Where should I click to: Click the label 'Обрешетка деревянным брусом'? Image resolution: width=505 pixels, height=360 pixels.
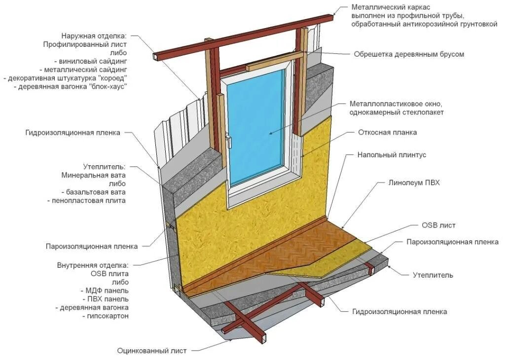click(409, 54)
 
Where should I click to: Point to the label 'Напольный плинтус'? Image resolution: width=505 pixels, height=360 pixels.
click(392, 155)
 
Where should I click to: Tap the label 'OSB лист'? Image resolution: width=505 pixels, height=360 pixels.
click(438, 225)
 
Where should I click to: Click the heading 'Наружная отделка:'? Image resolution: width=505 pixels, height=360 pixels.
click(94, 36)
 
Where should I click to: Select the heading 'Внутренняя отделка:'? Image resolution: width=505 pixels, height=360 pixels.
click(93, 265)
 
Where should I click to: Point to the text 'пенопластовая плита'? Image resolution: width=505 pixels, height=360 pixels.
click(89, 201)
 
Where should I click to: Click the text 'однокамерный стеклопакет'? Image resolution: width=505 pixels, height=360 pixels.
click(397, 112)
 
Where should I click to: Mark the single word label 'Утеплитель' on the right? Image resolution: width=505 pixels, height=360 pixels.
click(433, 275)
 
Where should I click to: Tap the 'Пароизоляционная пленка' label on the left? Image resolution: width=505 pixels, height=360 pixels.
click(92, 246)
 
